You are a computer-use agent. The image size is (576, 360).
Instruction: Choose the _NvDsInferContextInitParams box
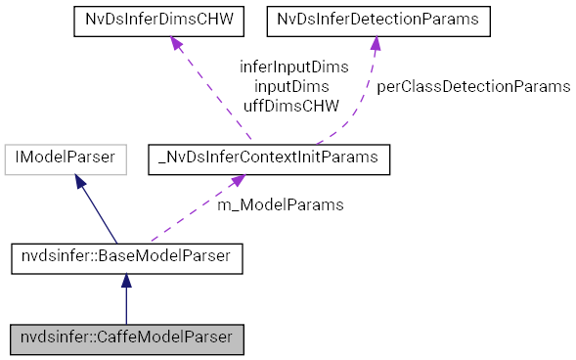pos(268,159)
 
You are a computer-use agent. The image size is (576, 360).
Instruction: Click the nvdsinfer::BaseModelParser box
pos(126,259)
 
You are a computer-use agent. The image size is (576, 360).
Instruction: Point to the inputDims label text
pos(290,86)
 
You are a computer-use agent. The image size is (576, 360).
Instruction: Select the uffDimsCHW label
pos(290,105)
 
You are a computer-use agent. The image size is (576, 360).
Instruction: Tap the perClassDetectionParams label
pos(473,86)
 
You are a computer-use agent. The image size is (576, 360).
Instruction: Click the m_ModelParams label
pos(280,204)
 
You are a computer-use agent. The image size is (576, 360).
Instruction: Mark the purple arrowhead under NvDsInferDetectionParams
pos(375,45)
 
